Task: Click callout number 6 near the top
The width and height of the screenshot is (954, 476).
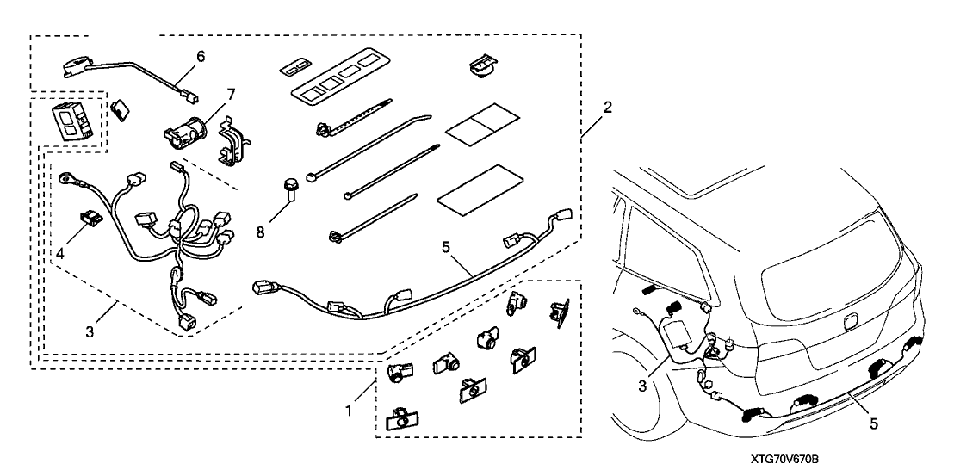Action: click(201, 56)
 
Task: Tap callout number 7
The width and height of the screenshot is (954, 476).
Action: click(207, 92)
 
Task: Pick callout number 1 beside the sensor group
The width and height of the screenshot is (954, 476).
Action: click(349, 411)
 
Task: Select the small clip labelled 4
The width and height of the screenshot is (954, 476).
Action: click(87, 216)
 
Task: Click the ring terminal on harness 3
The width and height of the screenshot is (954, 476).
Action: click(65, 180)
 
